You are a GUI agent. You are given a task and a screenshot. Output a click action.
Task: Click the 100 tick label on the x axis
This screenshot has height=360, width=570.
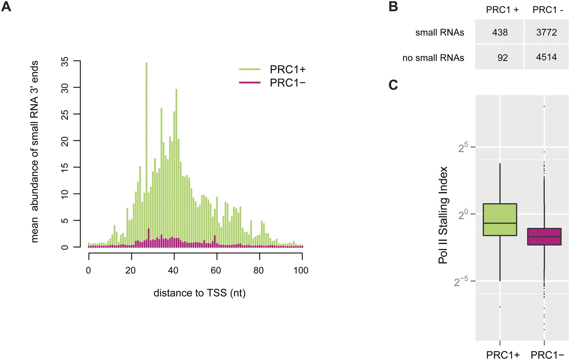pos(302,270)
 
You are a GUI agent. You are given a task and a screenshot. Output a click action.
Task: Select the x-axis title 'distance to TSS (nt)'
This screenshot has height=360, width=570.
pos(195,294)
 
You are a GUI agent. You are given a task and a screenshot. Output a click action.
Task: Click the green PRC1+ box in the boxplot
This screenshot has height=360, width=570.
pos(500,219)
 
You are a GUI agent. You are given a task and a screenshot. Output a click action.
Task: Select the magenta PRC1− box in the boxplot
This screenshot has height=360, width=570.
pos(544,236)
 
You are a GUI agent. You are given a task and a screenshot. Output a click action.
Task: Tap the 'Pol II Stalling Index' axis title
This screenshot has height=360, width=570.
pos(443,215)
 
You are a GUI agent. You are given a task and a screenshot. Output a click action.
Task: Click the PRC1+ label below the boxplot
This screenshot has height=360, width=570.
pos(499,355)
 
